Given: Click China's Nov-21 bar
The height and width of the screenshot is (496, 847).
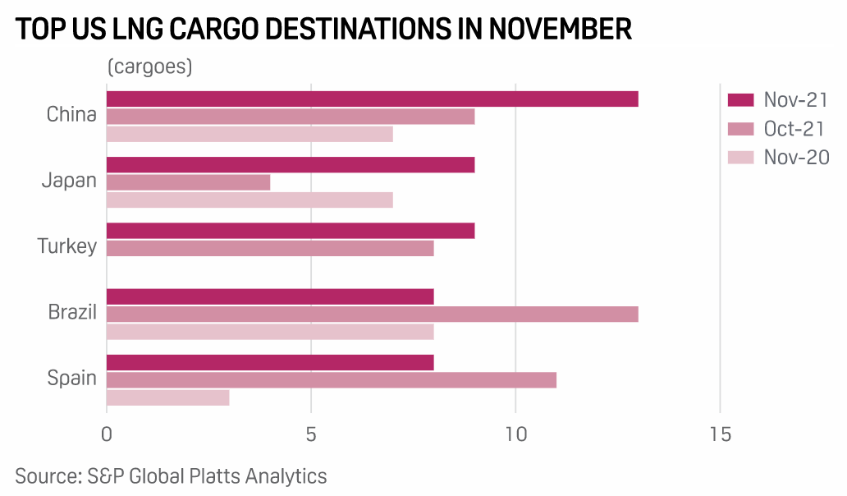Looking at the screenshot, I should pyautogui.click(x=372, y=99).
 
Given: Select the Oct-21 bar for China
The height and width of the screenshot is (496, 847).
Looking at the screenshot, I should pyautogui.click(x=291, y=117).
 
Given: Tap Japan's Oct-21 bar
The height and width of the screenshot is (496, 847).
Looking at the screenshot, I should pyautogui.click(x=188, y=182).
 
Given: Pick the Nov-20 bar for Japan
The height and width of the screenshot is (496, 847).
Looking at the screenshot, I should pyautogui.click(x=250, y=200).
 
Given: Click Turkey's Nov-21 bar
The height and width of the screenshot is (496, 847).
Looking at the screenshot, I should pyautogui.click(x=291, y=230).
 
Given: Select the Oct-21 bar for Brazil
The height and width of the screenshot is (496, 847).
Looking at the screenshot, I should pyautogui.click(x=372, y=314).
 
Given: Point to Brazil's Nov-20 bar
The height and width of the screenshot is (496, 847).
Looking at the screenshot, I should pyautogui.click(x=270, y=332).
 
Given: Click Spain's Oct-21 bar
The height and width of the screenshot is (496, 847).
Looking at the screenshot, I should pyautogui.click(x=332, y=379).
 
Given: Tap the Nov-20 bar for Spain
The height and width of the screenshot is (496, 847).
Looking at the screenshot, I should pyautogui.click(x=167, y=397).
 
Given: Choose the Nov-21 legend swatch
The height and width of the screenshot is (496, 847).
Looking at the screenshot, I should pyautogui.click(x=741, y=100).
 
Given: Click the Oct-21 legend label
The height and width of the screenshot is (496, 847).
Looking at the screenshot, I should pyautogui.click(x=794, y=129).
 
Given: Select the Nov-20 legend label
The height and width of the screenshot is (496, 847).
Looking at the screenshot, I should pyautogui.click(x=796, y=157).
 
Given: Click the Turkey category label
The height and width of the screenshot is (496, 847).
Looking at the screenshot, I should pyautogui.click(x=67, y=246).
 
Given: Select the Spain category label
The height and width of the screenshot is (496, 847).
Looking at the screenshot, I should pyautogui.click(x=72, y=379).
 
